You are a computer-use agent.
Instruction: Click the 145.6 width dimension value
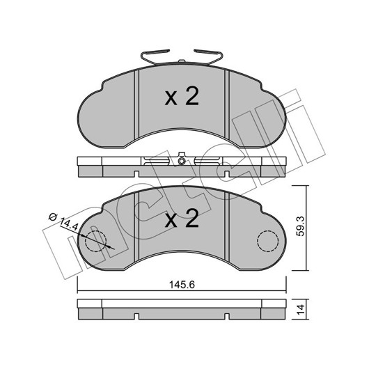tap(182, 285)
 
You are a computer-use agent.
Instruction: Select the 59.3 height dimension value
tap(301, 226)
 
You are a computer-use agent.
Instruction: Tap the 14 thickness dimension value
tap(301, 309)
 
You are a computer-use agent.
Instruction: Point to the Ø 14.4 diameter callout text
tap(63, 221)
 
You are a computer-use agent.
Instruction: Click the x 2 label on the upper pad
tap(182, 96)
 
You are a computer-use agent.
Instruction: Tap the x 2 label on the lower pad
tap(182, 219)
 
